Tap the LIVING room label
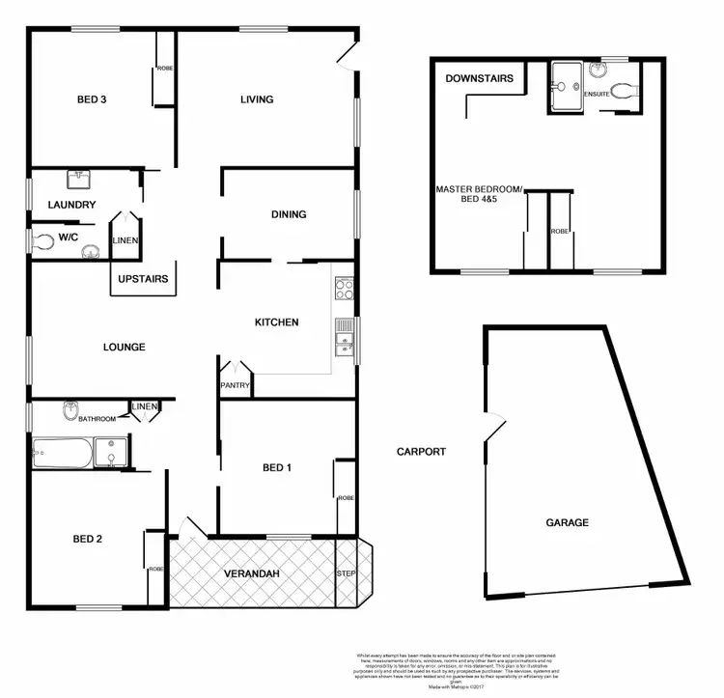(257, 99)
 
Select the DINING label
(289, 214)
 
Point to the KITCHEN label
(276, 322)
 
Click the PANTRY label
(236, 386)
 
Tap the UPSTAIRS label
(143, 279)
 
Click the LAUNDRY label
(71, 205)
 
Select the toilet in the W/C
(42, 242)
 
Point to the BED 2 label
(87, 539)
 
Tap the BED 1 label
(277, 468)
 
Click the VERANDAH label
(253, 574)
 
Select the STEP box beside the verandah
(346, 573)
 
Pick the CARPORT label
(422, 451)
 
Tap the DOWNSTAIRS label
(480, 78)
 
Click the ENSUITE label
(599, 94)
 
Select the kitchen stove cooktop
(345, 288)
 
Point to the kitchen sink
(343, 338)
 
